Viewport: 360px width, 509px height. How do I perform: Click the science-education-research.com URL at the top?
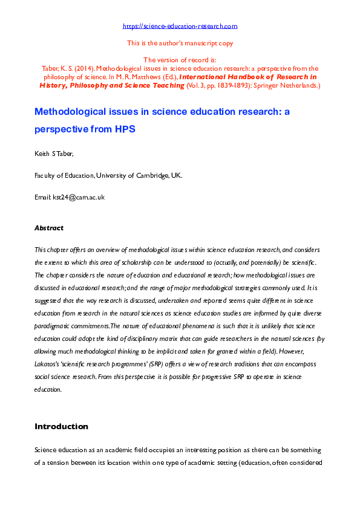click(x=180, y=26)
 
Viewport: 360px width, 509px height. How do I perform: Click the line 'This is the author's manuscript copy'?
click(x=180, y=43)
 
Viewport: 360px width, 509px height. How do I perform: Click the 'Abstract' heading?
click(x=49, y=228)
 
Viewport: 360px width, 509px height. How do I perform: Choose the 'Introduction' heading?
click(x=61, y=426)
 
